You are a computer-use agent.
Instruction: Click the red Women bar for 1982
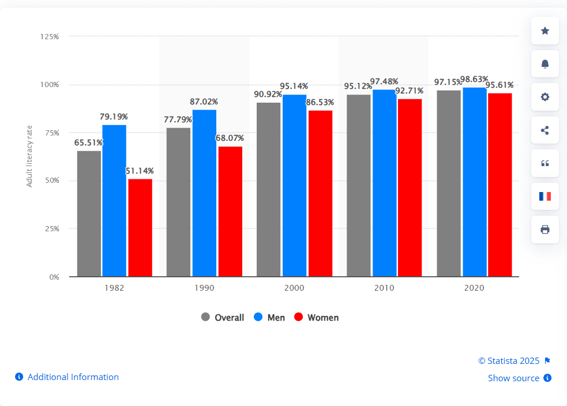tap(140, 228)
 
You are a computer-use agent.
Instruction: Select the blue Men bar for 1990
tap(204, 193)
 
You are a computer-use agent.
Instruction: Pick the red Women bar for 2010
tap(410, 187)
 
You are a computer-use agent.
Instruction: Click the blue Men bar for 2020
tap(474, 182)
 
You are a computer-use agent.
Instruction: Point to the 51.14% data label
tap(140, 171)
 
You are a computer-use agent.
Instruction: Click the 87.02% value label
tap(204, 101)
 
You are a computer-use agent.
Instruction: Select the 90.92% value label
tap(268, 94)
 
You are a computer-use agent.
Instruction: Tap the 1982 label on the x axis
tap(114, 287)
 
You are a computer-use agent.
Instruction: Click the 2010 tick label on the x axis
tap(384, 287)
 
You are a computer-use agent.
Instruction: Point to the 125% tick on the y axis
tap(50, 36)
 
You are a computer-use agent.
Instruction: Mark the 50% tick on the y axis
tap(51, 181)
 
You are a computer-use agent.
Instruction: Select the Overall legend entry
tap(223, 317)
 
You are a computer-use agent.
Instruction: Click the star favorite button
tap(545, 31)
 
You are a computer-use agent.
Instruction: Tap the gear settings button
tap(545, 97)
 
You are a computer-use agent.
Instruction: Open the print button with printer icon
tap(545, 230)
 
